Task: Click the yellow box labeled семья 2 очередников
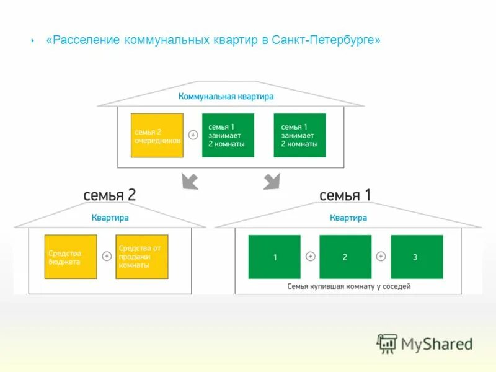157,135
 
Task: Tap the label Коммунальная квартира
226,97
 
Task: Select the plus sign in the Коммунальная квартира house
193,135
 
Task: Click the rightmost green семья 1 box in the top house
299,135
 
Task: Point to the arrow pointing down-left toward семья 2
189,181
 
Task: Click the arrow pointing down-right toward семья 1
272,181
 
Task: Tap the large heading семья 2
110,195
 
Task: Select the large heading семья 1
345,195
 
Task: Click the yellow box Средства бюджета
71,257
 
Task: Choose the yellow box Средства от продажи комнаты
142,257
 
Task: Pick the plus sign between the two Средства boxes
107,257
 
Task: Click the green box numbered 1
274,257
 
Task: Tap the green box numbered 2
345,257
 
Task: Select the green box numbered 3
417,257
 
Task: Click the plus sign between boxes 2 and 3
381,257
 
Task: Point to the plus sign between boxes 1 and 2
310,257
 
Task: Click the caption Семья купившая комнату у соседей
349,286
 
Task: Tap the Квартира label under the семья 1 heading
348,218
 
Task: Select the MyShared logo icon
387,343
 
